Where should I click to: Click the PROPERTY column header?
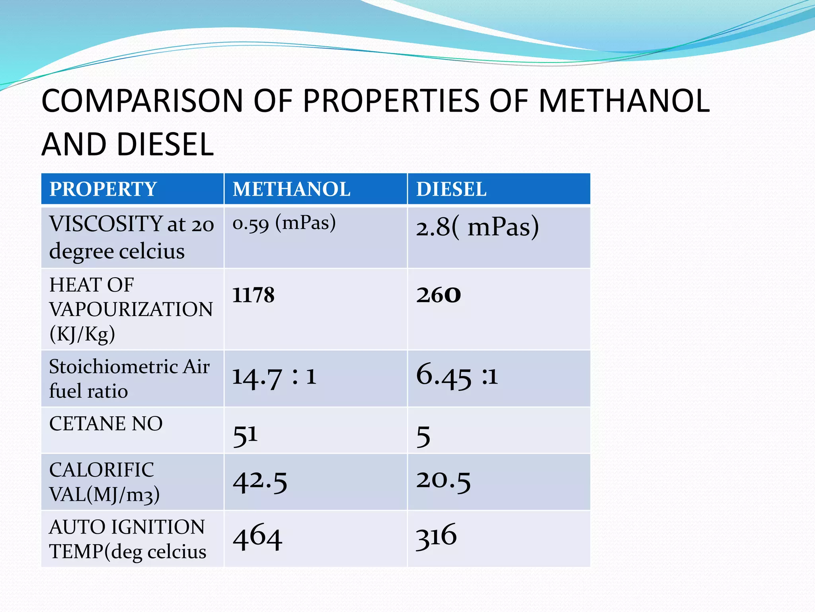point(103,189)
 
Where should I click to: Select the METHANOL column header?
point(291,189)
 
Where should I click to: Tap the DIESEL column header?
point(451,189)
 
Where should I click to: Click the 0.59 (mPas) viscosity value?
point(284,223)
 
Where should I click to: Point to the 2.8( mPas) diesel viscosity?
point(478,227)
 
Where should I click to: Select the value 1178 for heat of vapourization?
point(253,295)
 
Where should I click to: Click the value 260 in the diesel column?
point(439,295)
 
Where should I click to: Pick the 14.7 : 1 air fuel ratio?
point(274,377)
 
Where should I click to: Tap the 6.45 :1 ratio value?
point(457,376)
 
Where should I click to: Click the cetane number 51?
point(245,435)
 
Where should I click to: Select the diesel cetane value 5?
point(423,436)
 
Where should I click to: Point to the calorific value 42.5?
point(260,481)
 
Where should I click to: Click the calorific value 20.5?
point(443,480)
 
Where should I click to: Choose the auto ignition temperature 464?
point(257,537)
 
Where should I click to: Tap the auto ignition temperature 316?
point(436,536)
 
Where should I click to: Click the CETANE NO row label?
point(106,424)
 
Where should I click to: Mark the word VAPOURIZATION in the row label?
point(131,310)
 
